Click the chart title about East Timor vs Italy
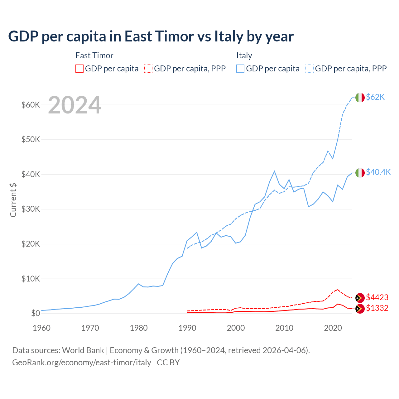click(151, 36)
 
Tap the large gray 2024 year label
click(75, 105)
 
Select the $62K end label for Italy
click(375, 97)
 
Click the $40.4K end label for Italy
click(378, 172)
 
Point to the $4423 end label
click(377, 298)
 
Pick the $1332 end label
click(377, 308)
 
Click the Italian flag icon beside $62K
click(360, 98)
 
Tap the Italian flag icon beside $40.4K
click(360, 173)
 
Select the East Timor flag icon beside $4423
click(360, 298)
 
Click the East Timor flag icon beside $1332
click(360, 309)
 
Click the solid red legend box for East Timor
click(79, 69)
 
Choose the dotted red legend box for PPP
click(148, 69)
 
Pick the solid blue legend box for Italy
click(240, 69)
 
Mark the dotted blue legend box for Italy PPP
click(310, 69)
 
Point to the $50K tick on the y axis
click(31, 140)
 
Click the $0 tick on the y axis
click(36, 314)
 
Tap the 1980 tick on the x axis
click(139, 328)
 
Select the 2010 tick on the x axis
click(284, 328)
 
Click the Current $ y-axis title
click(13, 200)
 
